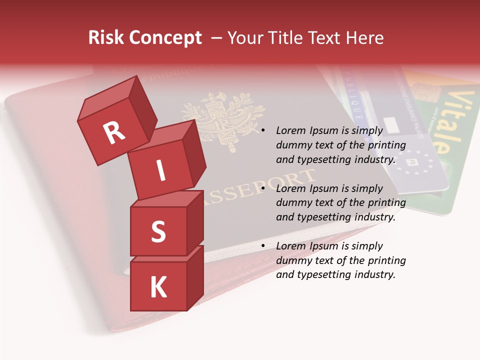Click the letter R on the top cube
pos(114,133)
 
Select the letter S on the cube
pos(158,231)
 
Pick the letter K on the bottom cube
pos(158,287)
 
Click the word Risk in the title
pos(105,38)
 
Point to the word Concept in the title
pos(165,38)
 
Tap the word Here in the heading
pos(364,38)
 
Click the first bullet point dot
pos(263,130)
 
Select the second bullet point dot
pos(263,188)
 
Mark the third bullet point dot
pos(263,246)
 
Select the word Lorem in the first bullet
pos(290,130)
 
